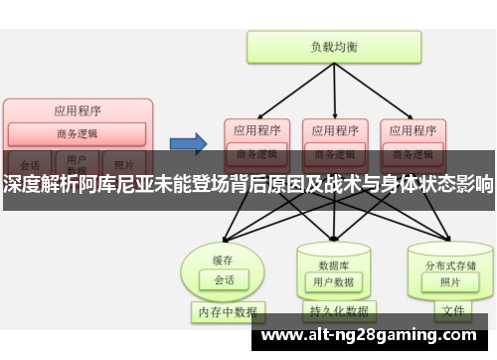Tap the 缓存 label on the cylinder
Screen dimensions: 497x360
pos(223,232)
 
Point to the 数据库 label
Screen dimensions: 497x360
pos(333,238)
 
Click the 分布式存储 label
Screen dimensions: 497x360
pos(450,238)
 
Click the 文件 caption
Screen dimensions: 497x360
pos(453,311)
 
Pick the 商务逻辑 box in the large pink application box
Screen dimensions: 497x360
pos(77,133)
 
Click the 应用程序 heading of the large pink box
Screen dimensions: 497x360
pos(77,110)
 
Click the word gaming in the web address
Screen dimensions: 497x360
pos(399,335)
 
